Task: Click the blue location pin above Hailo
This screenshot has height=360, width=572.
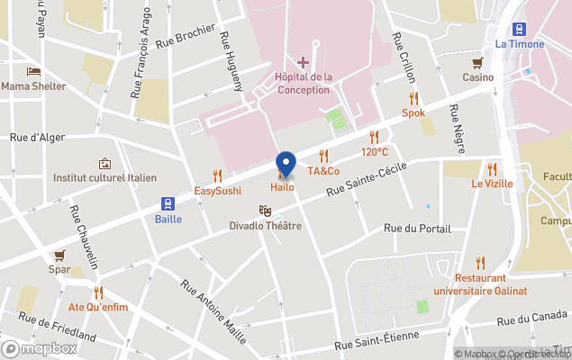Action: point(286,164)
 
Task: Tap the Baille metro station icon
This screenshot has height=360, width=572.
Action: point(168,203)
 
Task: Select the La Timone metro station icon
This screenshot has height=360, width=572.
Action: point(520,29)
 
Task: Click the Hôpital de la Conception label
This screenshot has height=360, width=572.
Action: point(303,83)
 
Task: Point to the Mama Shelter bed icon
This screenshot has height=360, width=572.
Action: point(33,71)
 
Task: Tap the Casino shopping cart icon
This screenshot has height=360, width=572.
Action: point(478,62)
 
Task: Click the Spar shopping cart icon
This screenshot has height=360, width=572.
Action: point(59,255)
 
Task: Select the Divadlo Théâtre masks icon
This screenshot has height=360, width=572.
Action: point(265,210)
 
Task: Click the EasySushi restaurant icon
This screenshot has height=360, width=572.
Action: point(217,175)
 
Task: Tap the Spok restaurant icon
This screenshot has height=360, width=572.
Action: point(413,98)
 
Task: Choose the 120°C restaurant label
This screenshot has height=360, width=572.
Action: point(376,152)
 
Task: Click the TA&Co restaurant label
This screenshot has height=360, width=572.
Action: point(323,171)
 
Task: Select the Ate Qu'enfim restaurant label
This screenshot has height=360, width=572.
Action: point(98,307)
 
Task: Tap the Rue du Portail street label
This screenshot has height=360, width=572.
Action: point(416,228)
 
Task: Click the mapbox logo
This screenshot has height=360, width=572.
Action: point(40,348)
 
